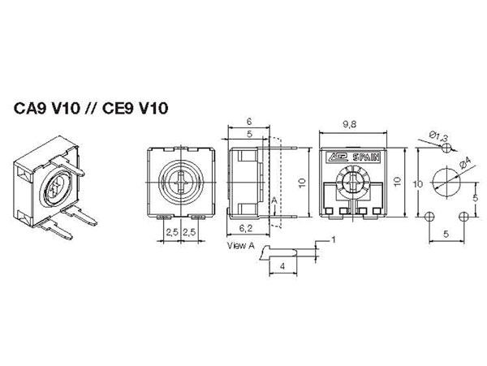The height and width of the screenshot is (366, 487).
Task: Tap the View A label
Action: (242, 243)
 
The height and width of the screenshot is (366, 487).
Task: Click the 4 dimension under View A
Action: (282, 265)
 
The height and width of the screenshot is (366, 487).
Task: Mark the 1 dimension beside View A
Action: (331, 240)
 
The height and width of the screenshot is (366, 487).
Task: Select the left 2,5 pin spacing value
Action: (172, 232)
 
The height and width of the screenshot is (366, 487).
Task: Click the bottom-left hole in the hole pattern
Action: (429, 215)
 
